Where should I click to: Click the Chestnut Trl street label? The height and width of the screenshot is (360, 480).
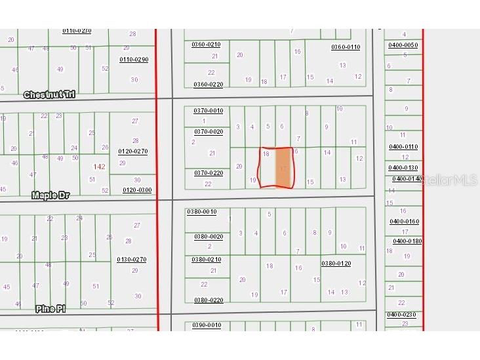(x=49, y=95)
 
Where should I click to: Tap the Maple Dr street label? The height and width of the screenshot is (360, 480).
(x=51, y=195)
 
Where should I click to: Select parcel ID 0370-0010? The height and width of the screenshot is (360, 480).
(x=208, y=111)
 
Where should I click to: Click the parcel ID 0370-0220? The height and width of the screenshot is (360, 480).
(x=208, y=173)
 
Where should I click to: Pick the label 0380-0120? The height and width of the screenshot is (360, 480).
(x=336, y=264)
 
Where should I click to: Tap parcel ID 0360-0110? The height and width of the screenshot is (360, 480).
(x=346, y=47)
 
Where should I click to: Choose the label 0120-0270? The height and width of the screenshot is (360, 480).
(x=133, y=151)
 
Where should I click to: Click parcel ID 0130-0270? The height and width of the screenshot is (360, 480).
(x=132, y=260)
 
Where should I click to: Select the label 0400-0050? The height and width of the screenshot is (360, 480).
(x=403, y=45)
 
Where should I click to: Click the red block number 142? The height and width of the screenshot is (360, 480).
(x=99, y=167)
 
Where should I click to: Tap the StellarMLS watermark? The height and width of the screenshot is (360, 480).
(x=449, y=179)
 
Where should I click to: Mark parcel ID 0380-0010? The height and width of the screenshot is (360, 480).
(x=201, y=212)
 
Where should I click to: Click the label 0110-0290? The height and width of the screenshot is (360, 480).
(x=134, y=60)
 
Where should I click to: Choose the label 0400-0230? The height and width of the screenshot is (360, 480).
(x=401, y=315)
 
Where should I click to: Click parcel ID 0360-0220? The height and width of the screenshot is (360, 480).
(x=208, y=85)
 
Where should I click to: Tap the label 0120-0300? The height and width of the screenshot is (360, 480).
(x=137, y=190)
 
